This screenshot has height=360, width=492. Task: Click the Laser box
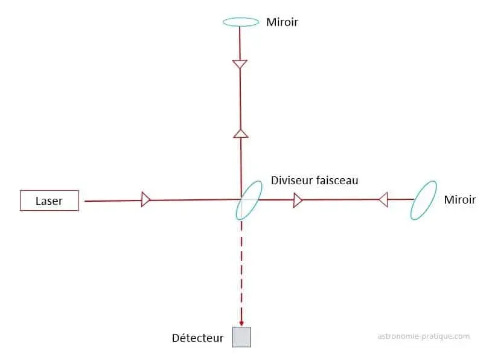pos(50,201)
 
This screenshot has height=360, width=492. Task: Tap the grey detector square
pos(241,336)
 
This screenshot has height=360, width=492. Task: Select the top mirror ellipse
pos(241,22)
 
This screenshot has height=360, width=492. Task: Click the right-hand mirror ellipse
pos(424,201)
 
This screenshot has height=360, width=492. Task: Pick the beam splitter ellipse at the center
pos(249,199)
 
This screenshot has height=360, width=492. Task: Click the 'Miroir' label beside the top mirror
pos(283,22)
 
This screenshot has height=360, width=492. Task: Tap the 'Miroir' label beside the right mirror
pos(459,199)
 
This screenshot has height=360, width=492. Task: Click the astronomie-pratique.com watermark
pos(423,336)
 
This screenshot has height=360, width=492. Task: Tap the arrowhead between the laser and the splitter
pos(145,199)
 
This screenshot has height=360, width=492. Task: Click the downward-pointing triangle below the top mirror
pos(240,63)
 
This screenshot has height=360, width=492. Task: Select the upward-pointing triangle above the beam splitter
pos(241,133)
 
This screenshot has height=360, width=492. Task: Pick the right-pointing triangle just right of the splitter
pos(298,200)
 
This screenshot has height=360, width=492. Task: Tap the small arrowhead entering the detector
pos(241,323)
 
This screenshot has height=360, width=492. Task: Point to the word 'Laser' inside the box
pos(49,201)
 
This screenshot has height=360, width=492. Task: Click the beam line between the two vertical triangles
pos(240,98)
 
